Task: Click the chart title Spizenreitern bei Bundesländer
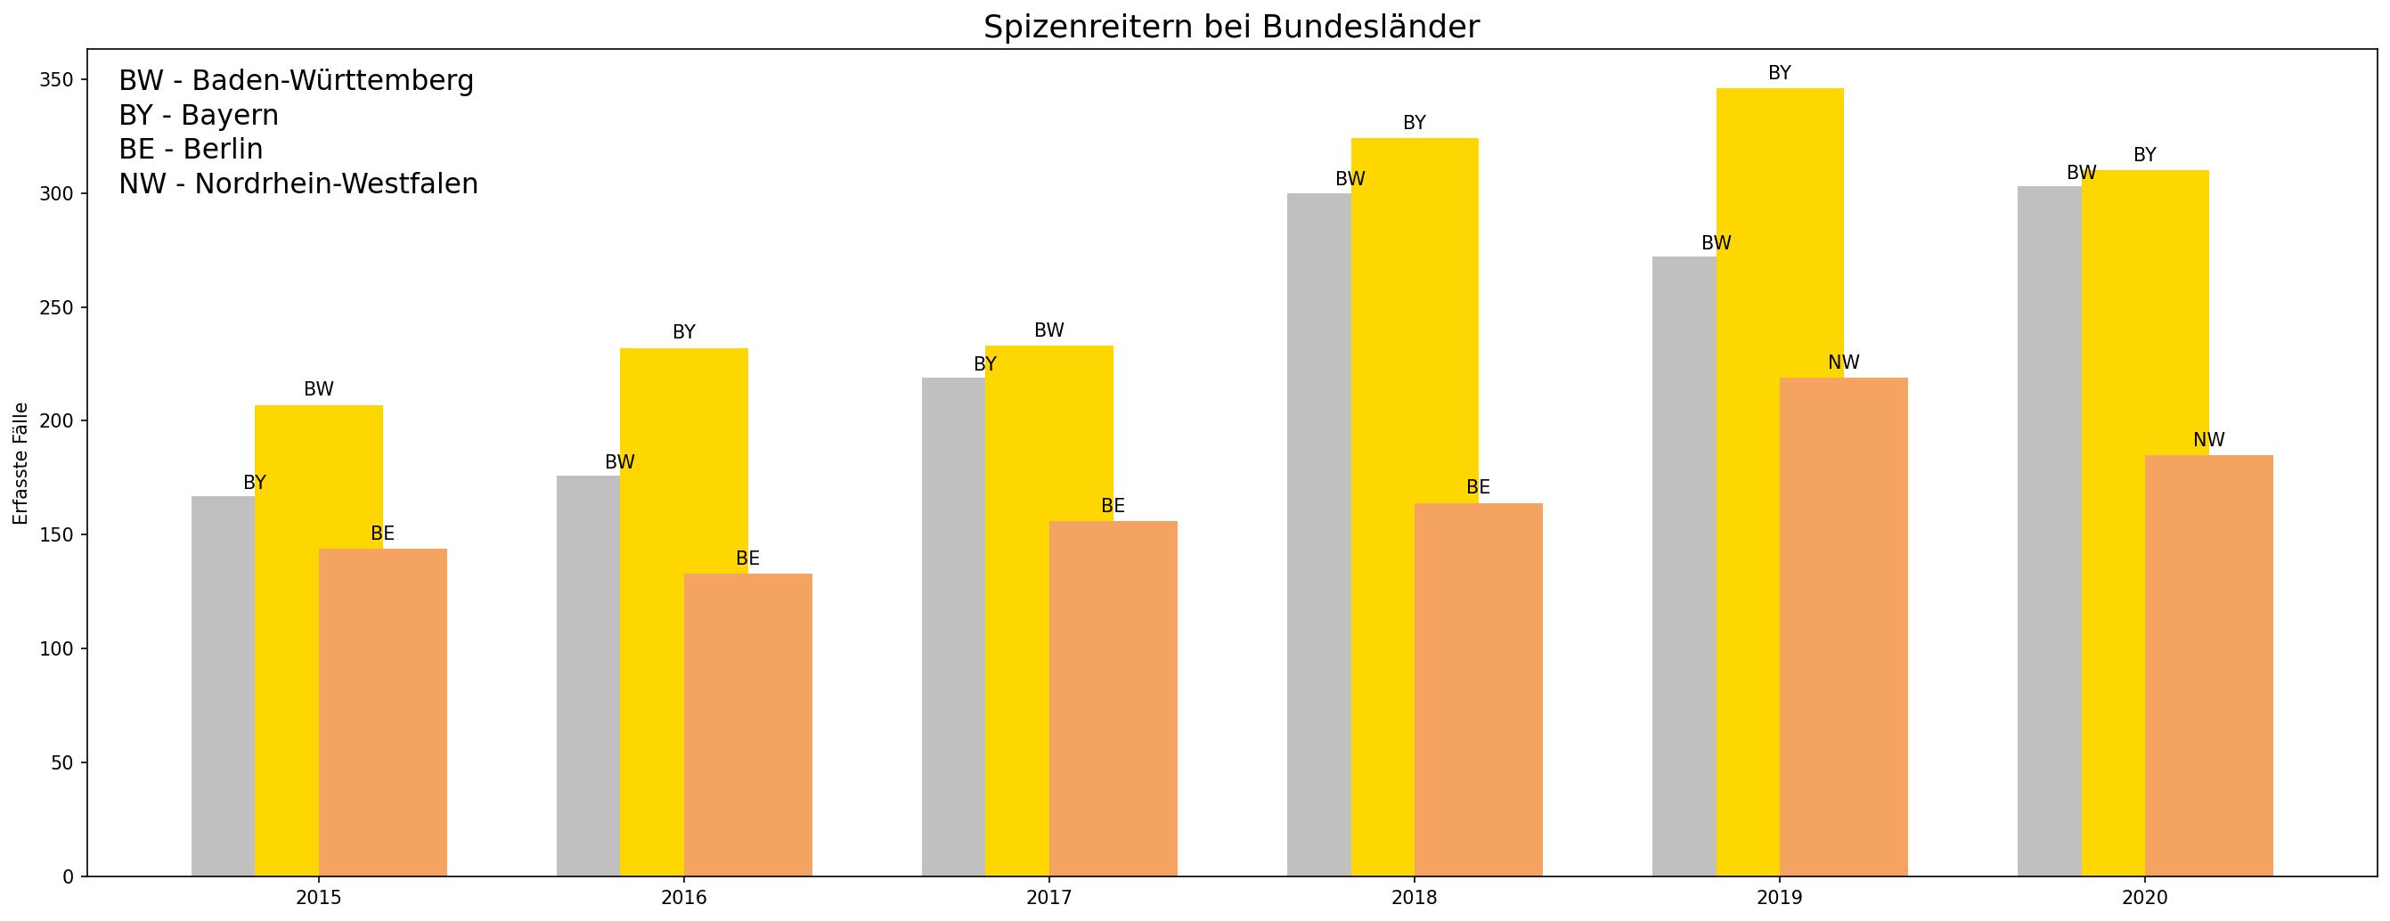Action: (x=1231, y=27)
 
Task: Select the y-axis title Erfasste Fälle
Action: (x=20, y=464)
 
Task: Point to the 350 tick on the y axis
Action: (x=55, y=80)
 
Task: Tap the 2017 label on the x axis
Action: (x=1048, y=898)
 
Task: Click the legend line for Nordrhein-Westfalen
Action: (x=298, y=183)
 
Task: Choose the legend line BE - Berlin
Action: (x=191, y=150)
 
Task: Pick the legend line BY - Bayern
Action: (x=199, y=115)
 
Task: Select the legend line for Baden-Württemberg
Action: (x=296, y=81)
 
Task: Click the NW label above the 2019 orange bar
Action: (x=1844, y=363)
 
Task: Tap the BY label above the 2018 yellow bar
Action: (x=1414, y=122)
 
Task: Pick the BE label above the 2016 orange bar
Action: (x=746, y=558)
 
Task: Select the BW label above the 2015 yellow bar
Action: (x=318, y=389)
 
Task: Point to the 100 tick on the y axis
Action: (x=55, y=649)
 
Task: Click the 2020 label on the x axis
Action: (x=2144, y=898)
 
